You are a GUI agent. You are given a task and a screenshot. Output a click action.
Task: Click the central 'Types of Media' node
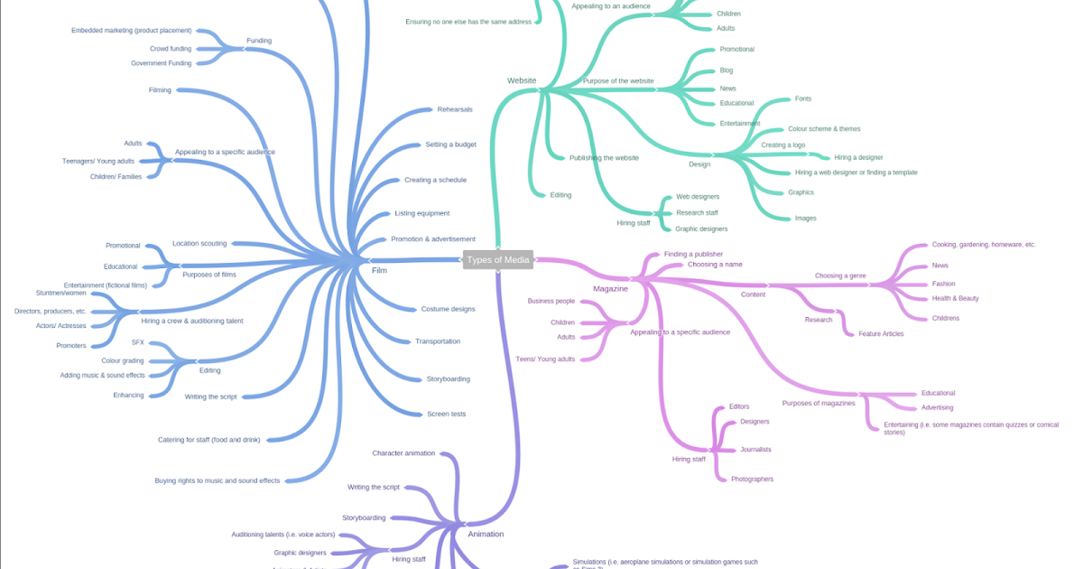pyautogui.click(x=498, y=260)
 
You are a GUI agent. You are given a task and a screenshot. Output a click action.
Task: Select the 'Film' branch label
pyautogui.click(x=379, y=270)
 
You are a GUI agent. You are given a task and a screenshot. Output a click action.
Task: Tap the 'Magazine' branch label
pyautogui.click(x=610, y=288)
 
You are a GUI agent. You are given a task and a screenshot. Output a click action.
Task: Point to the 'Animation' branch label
pyautogui.click(x=486, y=534)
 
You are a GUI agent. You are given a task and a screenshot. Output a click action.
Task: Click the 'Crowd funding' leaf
pyautogui.click(x=171, y=48)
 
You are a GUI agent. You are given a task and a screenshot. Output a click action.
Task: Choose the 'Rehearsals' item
pyautogui.click(x=455, y=109)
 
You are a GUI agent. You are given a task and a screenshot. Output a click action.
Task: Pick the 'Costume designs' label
pyautogui.click(x=448, y=309)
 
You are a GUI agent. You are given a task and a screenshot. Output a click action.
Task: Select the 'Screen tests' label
pyautogui.click(x=446, y=414)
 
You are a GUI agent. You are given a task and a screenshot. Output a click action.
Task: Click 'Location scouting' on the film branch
pyautogui.click(x=199, y=243)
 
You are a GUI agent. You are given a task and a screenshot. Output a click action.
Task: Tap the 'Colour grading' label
pyautogui.click(x=122, y=360)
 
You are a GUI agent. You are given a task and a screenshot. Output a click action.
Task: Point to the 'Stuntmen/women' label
pyautogui.click(x=61, y=293)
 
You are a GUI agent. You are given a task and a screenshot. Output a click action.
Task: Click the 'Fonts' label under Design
pyautogui.click(x=802, y=98)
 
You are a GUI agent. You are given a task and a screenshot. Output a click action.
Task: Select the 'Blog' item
pyautogui.click(x=726, y=70)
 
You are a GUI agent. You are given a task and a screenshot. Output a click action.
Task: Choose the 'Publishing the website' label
pyautogui.click(x=604, y=157)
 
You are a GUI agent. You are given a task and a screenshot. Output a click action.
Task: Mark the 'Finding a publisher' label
pyautogui.click(x=693, y=254)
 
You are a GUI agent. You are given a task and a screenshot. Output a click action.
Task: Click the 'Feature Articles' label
pyautogui.click(x=880, y=333)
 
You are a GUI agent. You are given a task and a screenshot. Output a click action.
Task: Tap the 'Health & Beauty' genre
pyautogui.click(x=955, y=298)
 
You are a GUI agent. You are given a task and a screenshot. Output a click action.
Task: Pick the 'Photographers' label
pyautogui.click(x=752, y=479)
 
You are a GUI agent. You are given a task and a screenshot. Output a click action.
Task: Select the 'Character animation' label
pyautogui.click(x=403, y=452)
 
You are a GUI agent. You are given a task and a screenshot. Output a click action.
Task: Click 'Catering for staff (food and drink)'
pyautogui.click(x=208, y=440)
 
